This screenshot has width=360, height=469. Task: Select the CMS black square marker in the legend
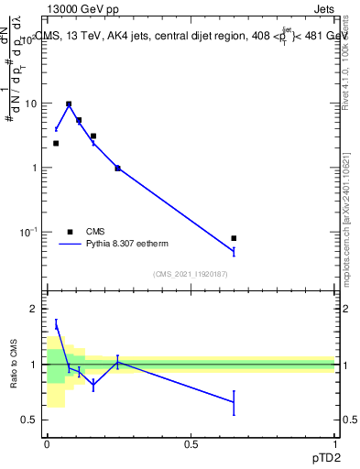70,232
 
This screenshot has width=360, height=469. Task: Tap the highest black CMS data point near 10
69,104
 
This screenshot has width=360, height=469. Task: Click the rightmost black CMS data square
234,238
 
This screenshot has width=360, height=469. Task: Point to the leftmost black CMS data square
56,143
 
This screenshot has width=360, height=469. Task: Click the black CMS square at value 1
117,168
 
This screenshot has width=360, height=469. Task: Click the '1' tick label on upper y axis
34,168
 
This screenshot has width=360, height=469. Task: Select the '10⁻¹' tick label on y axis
28,232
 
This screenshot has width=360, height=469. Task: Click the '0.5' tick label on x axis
191,444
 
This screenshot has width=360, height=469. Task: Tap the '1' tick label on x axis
335,444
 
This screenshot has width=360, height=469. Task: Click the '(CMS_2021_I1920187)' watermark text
191,274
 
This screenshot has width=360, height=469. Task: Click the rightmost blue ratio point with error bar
234,402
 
